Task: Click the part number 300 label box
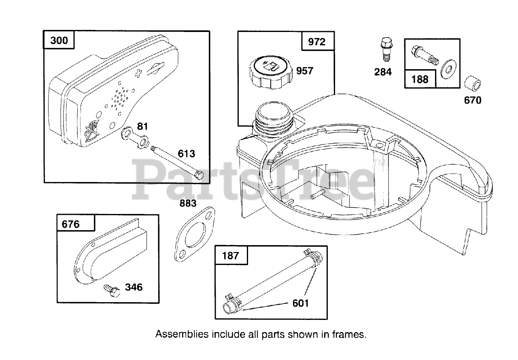[x=59, y=40]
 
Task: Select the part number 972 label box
[x=316, y=42]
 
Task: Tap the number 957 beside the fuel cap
[x=304, y=71]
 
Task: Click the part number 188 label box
[x=420, y=78]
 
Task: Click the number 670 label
[x=473, y=100]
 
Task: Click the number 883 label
[x=188, y=203]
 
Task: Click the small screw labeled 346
[x=111, y=289]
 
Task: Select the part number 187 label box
[x=230, y=255]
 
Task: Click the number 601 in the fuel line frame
[x=300, y=303]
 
